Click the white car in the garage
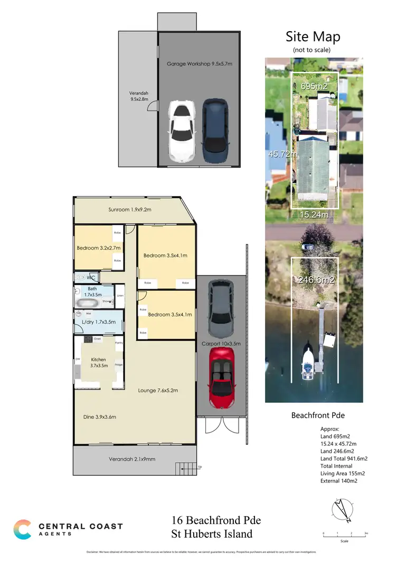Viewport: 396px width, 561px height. pos(181,131)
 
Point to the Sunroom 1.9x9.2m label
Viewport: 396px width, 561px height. pos(130,209)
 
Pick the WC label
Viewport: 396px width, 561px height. pos(91,277)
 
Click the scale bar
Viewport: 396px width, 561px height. pos(344,534)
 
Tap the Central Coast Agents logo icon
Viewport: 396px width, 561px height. pos(22,529)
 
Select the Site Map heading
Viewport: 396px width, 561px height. pos(313,36)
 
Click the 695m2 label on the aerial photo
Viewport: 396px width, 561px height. pos(314,86)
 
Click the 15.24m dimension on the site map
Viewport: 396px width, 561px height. pos(314,214)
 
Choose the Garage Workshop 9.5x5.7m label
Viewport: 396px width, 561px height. pos(199,63)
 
